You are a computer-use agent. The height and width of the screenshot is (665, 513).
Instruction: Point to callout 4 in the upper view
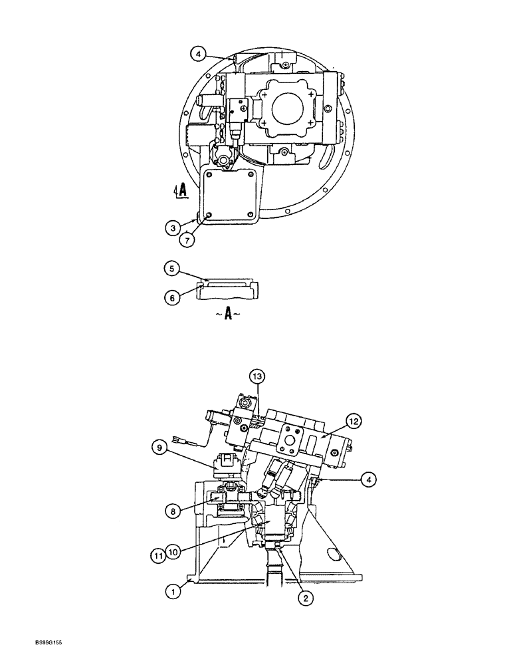(x=197, y=53)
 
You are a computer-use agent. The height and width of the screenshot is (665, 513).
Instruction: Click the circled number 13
(x=257, y=376)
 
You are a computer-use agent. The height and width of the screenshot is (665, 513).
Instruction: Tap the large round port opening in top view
(x=290, y=104)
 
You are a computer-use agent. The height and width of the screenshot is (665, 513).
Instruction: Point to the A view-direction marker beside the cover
(x=180, y=192)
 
